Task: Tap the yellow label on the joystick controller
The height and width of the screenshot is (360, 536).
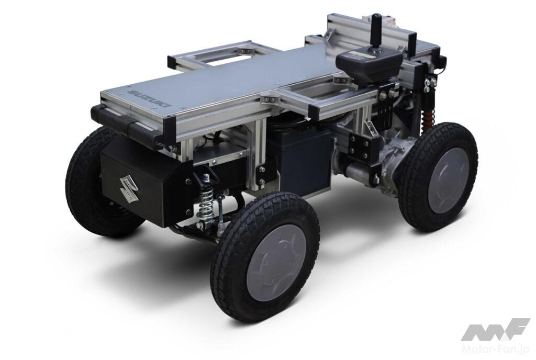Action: click(359, 54)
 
